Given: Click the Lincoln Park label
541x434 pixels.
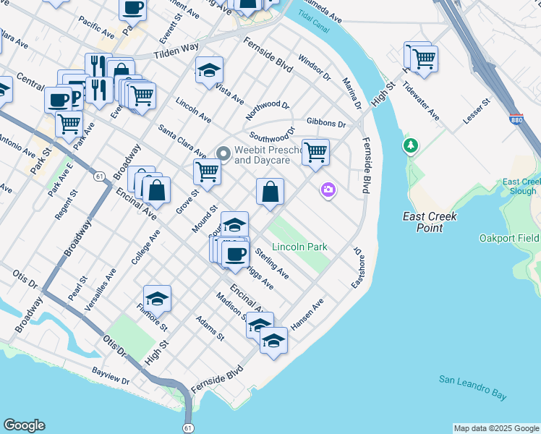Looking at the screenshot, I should [299, 247].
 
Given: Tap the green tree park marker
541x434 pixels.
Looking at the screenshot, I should [411, 146].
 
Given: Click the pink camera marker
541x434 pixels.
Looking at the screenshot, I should [328, 190].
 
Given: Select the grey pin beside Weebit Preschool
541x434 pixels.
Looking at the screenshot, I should [223, 153].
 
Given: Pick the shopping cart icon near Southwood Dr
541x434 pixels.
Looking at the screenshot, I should [315, 152].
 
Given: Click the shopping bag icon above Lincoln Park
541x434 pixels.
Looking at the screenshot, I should [270, 192].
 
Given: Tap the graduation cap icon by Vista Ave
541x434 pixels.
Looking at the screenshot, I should [209, 70].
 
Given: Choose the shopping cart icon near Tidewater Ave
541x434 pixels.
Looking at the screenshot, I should [424, 56].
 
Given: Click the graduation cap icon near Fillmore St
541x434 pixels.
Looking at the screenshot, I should [157, 298].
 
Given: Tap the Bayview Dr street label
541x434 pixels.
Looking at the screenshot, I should [110, 375].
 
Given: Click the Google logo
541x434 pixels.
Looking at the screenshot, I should [24, 425].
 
